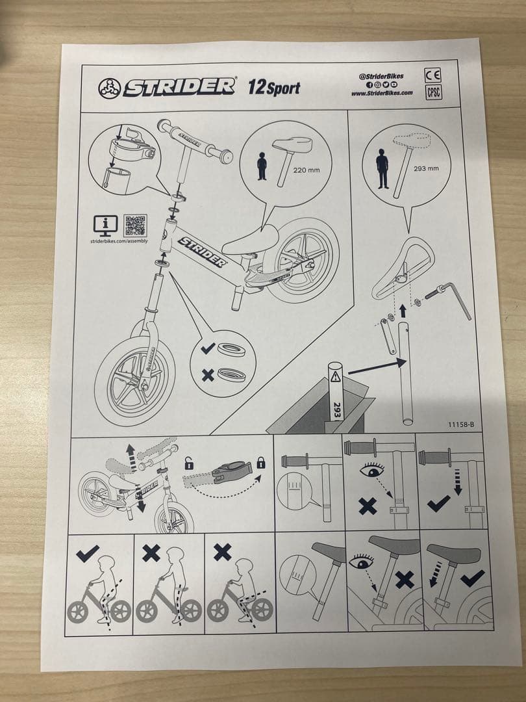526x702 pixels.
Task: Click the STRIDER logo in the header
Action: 166,87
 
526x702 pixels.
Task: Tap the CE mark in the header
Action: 432,75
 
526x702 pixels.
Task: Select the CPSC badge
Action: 433,92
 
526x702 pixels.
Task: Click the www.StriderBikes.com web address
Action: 382,93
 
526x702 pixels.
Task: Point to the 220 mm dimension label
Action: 307,170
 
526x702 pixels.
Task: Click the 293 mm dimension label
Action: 426,169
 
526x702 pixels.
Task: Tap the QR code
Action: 135,225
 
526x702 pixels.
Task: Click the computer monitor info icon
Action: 106,226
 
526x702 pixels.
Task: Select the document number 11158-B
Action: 460,424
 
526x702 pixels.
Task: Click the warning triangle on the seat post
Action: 336,376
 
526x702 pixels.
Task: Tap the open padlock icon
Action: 189,464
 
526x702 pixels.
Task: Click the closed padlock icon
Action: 261,463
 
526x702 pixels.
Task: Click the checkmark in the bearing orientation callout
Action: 208,348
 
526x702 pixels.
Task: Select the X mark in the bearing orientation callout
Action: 208,375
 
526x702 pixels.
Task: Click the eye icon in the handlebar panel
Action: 372,471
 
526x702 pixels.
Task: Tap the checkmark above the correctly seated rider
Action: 88,553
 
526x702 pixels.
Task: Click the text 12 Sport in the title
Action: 274,87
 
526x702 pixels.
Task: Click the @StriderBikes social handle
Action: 382,77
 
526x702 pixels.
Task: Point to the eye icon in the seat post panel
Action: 361,561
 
